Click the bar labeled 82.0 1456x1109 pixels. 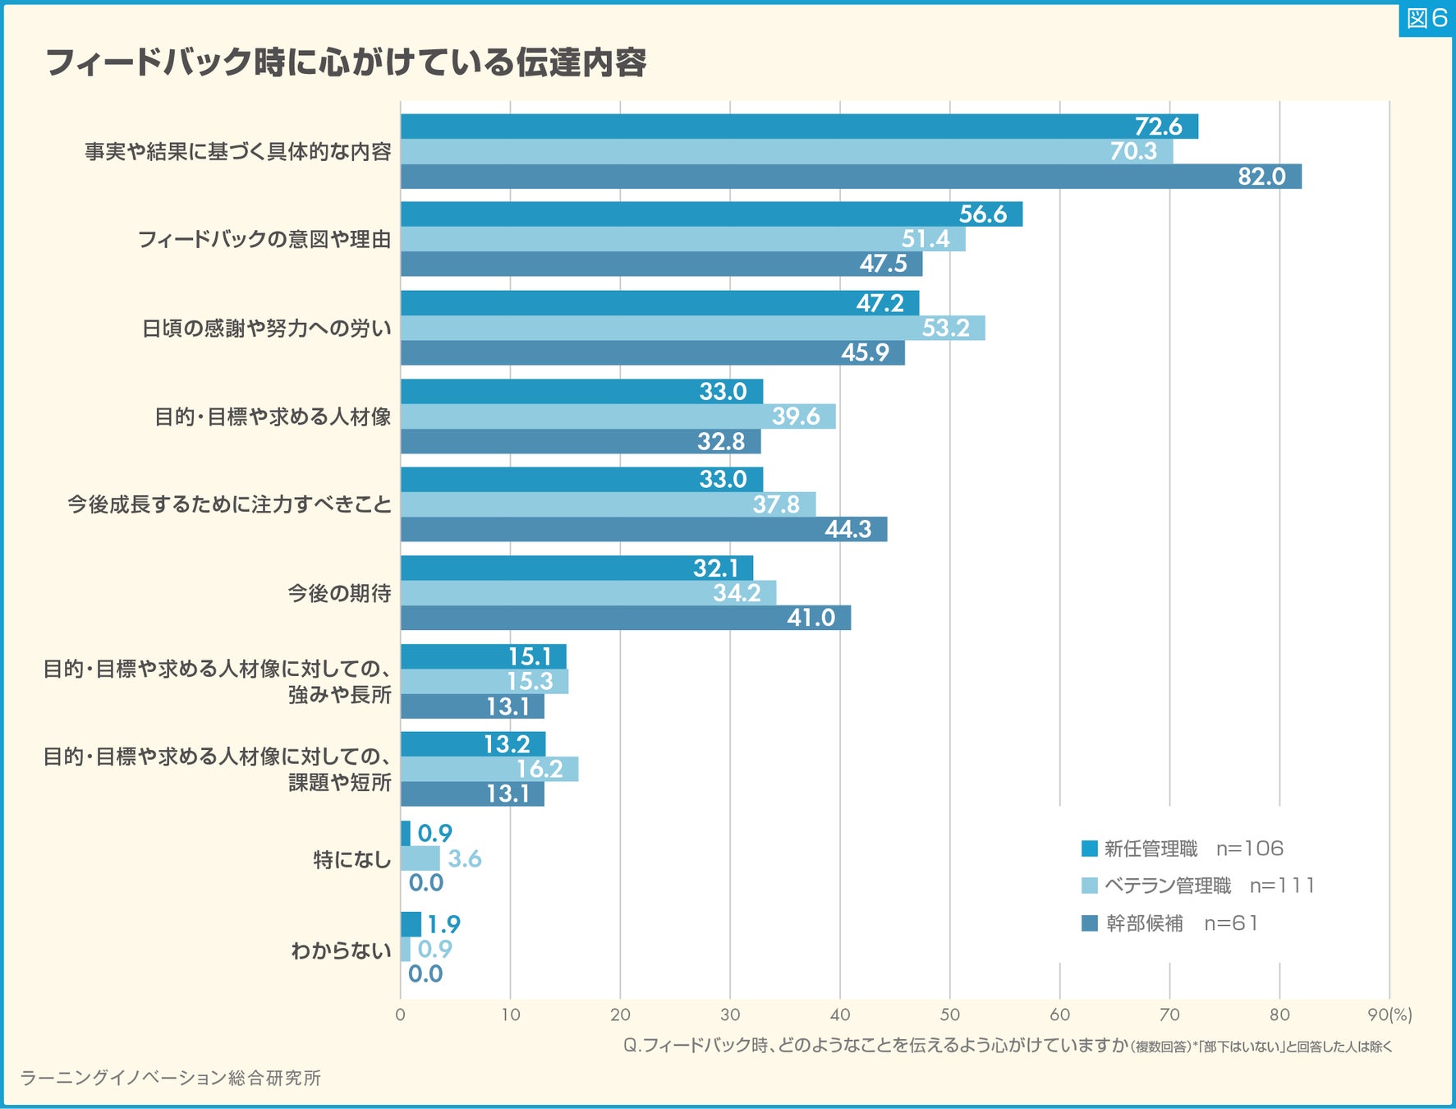click(850, 177)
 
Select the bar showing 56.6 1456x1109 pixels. click(710, 214)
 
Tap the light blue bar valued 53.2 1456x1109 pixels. click(692, 329)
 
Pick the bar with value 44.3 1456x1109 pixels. click(643, 530)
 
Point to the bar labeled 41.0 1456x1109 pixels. click(625, 618)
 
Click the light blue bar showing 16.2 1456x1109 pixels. click(489, 770)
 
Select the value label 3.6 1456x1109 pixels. click(464, 859)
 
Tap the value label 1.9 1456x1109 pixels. click(443, 925)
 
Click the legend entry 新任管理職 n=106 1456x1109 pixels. click(1182, 849)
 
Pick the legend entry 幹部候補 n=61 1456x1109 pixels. click(1169, 923)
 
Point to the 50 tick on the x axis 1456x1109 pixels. click(950, 1015)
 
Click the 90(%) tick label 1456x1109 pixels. click(1389, 1015)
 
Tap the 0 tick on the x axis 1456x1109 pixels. click(400, 1015)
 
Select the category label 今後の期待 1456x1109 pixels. click(339, 593)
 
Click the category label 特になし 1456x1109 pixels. click(351, 860)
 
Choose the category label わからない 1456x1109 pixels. click(341, 950)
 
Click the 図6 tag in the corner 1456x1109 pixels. click(1426, 19)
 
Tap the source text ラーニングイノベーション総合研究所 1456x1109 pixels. click(170, 1078)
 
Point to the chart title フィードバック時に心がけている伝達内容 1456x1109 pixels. click(346, 62)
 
